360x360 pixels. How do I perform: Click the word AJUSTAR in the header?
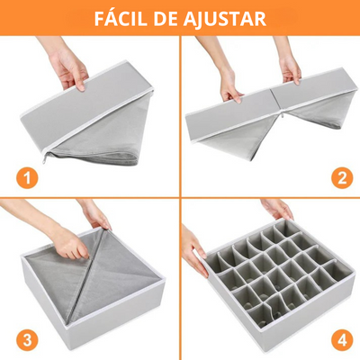pyautogui.click(x=224, y=19)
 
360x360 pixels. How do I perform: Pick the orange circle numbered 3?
pyautogui.click(x=27, y=339)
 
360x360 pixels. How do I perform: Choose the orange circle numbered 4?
pyautogui.click(x=342, y=339)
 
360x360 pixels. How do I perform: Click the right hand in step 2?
pyautogui.click(x=289, y=65)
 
